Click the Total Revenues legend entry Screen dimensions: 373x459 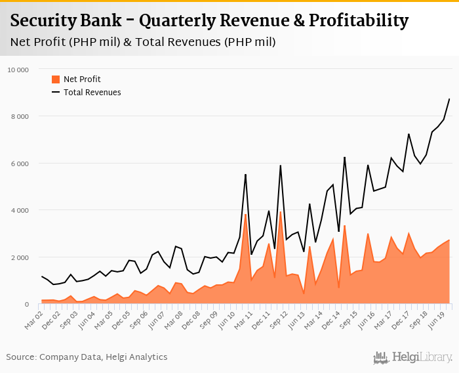(x=92, y=93)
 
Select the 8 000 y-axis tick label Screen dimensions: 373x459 (x=20, y=116)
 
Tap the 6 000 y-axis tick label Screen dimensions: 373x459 (x=20, y=164)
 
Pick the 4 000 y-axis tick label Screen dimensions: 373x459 (x=20, y=210)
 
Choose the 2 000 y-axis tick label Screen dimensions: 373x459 (x=20, y=257)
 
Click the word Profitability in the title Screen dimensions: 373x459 (x=354, y=21)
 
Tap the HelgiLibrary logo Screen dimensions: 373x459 (x=413, y=357)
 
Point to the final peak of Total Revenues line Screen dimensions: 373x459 (x=449, y=99)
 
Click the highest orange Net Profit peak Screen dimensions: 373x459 (x=280, y=211)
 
